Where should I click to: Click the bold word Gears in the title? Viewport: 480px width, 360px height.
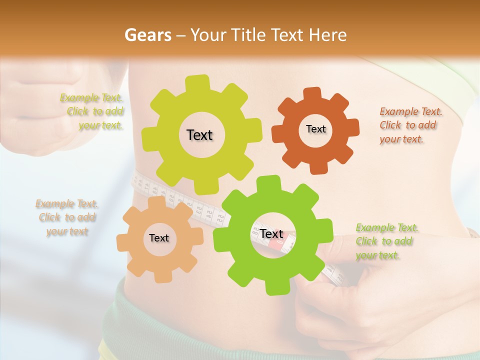(147, 35)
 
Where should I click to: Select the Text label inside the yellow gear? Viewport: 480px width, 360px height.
(199, 135)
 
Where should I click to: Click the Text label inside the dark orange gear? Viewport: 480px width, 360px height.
(315, 129)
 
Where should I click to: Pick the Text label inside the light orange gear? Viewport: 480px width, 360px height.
(159, 238)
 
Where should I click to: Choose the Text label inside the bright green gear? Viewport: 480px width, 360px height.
(271, 233)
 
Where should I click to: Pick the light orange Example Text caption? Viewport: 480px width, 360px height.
(67, 217)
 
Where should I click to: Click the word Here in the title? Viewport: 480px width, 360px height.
(328, 35)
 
